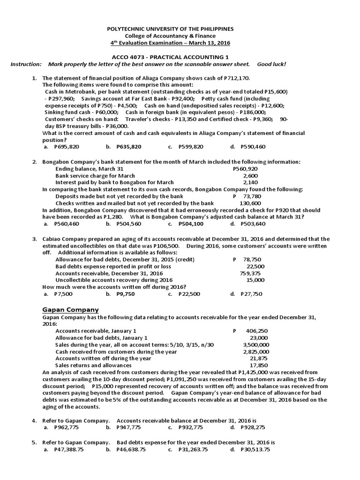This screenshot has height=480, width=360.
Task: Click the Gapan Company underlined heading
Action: point(71,309)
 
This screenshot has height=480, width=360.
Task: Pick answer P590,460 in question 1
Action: point(253,147)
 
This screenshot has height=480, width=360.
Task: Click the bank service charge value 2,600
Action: point(250,175)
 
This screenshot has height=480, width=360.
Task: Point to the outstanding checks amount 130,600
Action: point(250,203)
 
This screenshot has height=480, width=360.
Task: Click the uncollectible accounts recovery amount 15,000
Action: point(255,280)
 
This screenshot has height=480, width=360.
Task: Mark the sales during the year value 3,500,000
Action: point(256,345)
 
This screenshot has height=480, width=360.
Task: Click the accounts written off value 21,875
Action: point(259,358)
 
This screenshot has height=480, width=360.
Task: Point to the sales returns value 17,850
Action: point(259,365)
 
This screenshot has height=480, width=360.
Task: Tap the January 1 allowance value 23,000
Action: point(259,337)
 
